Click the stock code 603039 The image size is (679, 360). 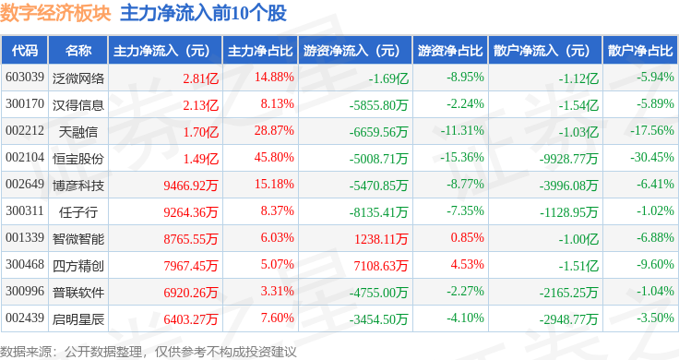click(25, 78)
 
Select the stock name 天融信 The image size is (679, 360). click(77, 132)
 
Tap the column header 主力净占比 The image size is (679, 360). click(260, 51)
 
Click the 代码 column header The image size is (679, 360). click(25, 51)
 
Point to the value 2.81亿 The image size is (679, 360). click(200, 78)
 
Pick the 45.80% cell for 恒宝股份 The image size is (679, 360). click(274, 157)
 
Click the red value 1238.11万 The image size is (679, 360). click(381, 239)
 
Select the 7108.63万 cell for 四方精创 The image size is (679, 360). click(381, 266)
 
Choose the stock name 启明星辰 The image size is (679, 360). click(77, 319)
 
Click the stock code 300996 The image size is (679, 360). click(25, 291)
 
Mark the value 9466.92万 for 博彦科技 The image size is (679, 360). click(191, 186)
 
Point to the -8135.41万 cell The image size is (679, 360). click(378, 212)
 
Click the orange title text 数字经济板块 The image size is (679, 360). click(55, 13)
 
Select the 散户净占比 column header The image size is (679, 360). click(640, 51)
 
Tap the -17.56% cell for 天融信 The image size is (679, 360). click(652, 130)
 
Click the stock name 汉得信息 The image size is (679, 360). click(77, 105)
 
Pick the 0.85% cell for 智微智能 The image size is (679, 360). click(467, 237)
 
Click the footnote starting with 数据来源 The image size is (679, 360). click(149, 352)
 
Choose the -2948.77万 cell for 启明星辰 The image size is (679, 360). click(568, 319)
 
